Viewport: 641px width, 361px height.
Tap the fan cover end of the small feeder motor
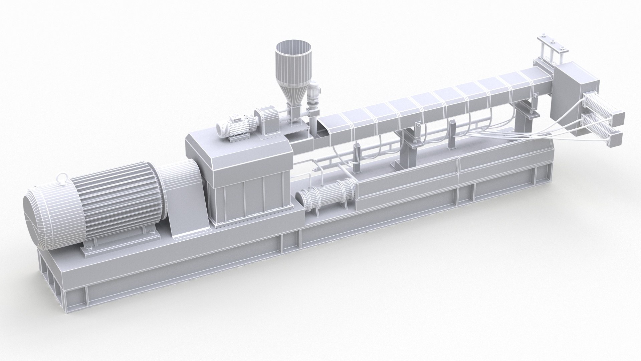[222, 127]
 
